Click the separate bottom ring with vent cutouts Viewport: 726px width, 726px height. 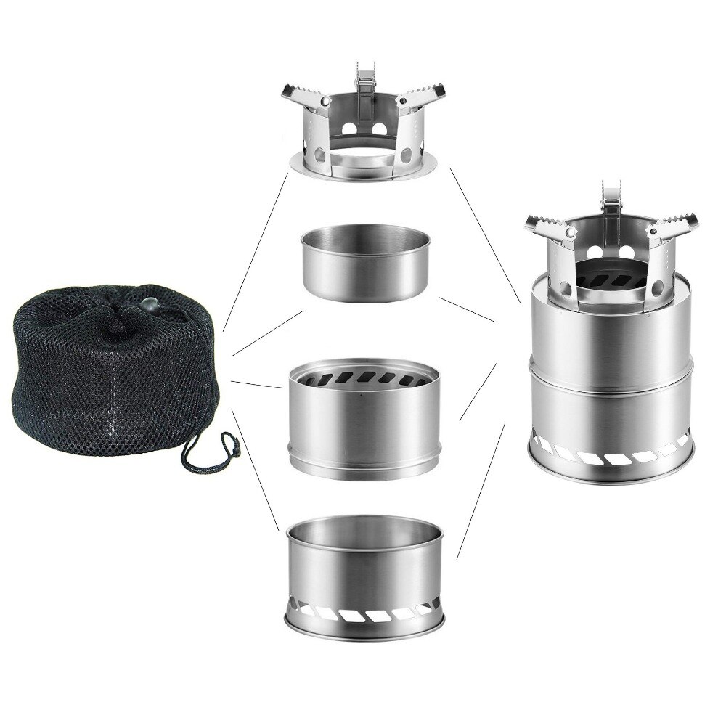pos(363,574)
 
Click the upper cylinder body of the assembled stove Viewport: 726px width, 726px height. pos(610,327)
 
